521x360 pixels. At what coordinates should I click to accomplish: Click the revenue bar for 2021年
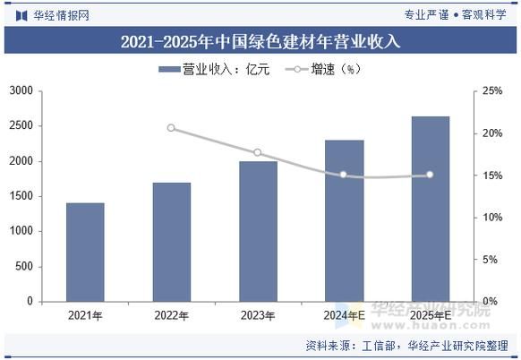pos(85,252)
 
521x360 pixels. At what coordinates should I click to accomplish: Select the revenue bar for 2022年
pos(172,242)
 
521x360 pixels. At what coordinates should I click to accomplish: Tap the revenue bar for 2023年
pos(258,231)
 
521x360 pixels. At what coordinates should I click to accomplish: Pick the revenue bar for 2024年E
pos(344,220)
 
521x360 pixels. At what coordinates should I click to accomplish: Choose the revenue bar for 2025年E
pos(430,209)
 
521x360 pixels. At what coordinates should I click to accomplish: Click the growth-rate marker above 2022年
pos(172,128)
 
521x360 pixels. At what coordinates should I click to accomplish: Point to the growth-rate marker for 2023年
pos(258,153)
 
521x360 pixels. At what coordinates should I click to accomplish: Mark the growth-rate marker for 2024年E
pos(344,175)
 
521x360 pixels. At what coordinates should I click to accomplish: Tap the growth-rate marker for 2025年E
pos(430,175)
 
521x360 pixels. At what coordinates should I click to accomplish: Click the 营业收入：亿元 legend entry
pos(214,69)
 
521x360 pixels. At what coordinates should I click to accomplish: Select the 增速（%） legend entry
pos(323,69)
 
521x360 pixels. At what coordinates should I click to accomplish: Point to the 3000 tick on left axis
pos(21,91)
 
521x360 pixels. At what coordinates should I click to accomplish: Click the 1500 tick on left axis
pos(21,196)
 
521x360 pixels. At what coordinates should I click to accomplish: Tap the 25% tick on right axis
pos(491,91)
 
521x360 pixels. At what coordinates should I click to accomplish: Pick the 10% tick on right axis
pos(491,218)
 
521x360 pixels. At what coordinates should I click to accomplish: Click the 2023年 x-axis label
pos(258,315)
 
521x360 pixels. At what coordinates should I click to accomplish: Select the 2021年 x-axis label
pos(85,315)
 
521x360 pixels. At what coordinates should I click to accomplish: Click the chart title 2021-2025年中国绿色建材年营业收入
pos(260,41)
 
